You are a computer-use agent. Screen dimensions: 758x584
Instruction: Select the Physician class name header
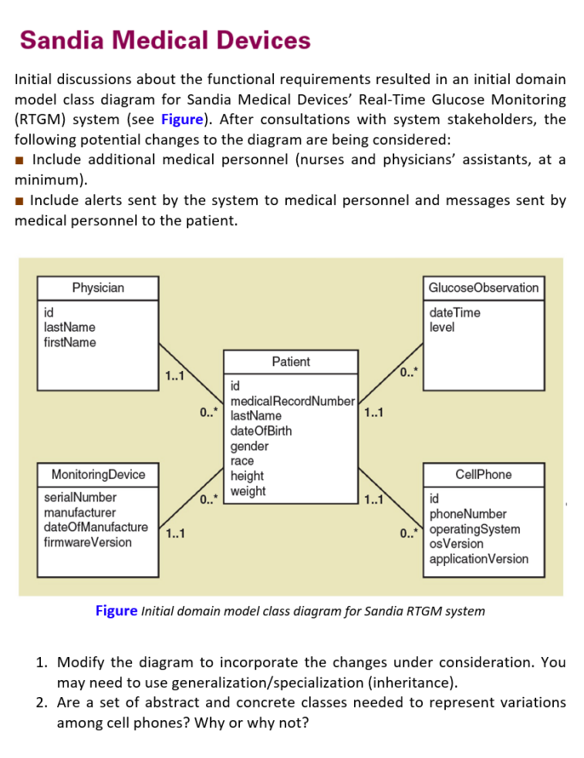point(98,288)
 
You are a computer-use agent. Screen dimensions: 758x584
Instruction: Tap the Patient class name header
point(291,362)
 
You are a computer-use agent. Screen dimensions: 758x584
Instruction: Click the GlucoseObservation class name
point(483,288)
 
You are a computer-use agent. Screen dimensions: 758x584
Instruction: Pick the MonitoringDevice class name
point(98,473)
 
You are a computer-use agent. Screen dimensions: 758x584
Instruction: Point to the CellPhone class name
point(483,474)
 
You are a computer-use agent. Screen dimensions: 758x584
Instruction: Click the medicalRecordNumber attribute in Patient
point(292,401)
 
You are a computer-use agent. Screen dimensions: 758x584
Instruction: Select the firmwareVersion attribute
point(88,542)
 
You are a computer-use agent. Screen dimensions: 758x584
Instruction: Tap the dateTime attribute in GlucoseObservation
point(454,312)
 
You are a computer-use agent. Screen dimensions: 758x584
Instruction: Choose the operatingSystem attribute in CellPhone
point(474,529)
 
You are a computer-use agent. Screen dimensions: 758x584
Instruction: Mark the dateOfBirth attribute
point(261,431)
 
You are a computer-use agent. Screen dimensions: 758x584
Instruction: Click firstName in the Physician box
point(70,342)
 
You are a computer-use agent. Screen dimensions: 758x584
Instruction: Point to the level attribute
point(442,327)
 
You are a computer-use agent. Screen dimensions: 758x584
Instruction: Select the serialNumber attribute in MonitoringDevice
point(80,498)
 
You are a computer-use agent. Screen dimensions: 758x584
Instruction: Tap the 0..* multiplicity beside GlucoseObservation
point(410,373)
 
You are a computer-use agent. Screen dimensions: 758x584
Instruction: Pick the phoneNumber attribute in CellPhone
point(468,514)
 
